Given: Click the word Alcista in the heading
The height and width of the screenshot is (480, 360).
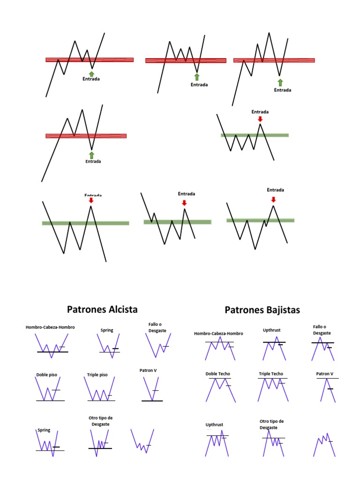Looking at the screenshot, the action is [121, 309].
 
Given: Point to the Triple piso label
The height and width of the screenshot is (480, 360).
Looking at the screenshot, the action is [97, 375].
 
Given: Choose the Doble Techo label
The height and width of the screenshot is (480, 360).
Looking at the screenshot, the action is [217, 374].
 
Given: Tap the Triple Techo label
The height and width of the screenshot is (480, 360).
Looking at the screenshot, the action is [271, 374].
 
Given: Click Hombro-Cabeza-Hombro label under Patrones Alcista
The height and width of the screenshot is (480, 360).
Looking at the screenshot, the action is [50, 327].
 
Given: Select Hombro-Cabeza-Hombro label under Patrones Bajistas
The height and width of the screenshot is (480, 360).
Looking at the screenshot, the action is [218, 334].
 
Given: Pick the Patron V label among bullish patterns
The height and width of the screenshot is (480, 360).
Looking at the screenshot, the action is [148, 370].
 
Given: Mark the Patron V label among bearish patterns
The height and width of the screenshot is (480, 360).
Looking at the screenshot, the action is [325, 374].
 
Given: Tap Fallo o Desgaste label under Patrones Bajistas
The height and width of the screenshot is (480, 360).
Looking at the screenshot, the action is [322, 330].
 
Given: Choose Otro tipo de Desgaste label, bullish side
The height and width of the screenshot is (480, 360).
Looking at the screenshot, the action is [101, 420].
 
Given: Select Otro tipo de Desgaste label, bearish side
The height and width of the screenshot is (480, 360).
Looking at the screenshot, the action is [271, 424].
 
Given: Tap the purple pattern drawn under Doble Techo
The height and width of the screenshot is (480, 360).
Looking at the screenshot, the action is [218, 389].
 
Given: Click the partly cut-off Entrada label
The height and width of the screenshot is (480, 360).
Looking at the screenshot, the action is [93, 195].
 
